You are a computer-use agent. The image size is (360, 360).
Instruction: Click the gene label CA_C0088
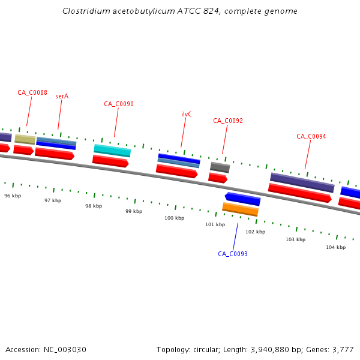pyautogui.click(x=32, y=92)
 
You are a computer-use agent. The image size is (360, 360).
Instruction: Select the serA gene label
pyautogui.click(x=62, y=96)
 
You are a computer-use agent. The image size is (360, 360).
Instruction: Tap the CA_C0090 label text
pyautogui.click(x=119, y=104)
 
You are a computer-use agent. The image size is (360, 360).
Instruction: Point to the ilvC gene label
pyautogui.click(x=187, y=114)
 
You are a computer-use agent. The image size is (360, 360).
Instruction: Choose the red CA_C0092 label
pyautogui.click(x=228, y=121)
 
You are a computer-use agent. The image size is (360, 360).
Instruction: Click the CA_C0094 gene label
pyautogui.click(x=311, y=136)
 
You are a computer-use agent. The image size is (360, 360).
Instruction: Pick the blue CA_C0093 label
pyautogui.click(x=233, y=254)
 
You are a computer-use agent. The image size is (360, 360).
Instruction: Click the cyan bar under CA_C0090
pyautogui.click(x=112, y=151)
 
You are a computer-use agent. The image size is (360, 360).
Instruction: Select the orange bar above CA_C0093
pyautogui.click(x=241, y=209)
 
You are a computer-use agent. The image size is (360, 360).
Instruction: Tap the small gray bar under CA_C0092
pyautogui.click(x=220, y=167)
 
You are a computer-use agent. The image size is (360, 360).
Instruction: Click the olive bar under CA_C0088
pyautogui.click(x=25, y=139)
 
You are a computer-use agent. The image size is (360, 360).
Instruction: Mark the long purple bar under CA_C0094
pyautogui.click(x=302, y=182)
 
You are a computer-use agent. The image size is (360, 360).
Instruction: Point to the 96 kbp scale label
pyautogui.click(x=13, y=196)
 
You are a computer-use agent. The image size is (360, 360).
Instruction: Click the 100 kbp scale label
pyautogui.click(x=175, y=218)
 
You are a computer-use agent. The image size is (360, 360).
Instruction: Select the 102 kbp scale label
pyautogui.click(x=255, y=232)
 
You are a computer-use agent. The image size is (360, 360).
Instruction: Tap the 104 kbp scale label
pyautogui.click(x=335, y=247)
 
